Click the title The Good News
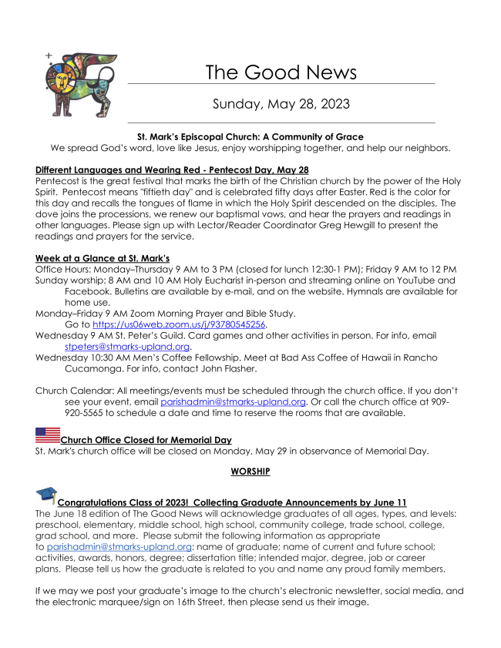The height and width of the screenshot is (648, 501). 281,72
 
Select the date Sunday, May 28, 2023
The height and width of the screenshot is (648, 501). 281,105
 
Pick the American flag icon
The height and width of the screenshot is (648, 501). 47,435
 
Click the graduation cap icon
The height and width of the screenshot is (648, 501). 45,494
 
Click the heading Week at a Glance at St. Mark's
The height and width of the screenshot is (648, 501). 103,257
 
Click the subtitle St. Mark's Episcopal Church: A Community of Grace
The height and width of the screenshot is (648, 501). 250,136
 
